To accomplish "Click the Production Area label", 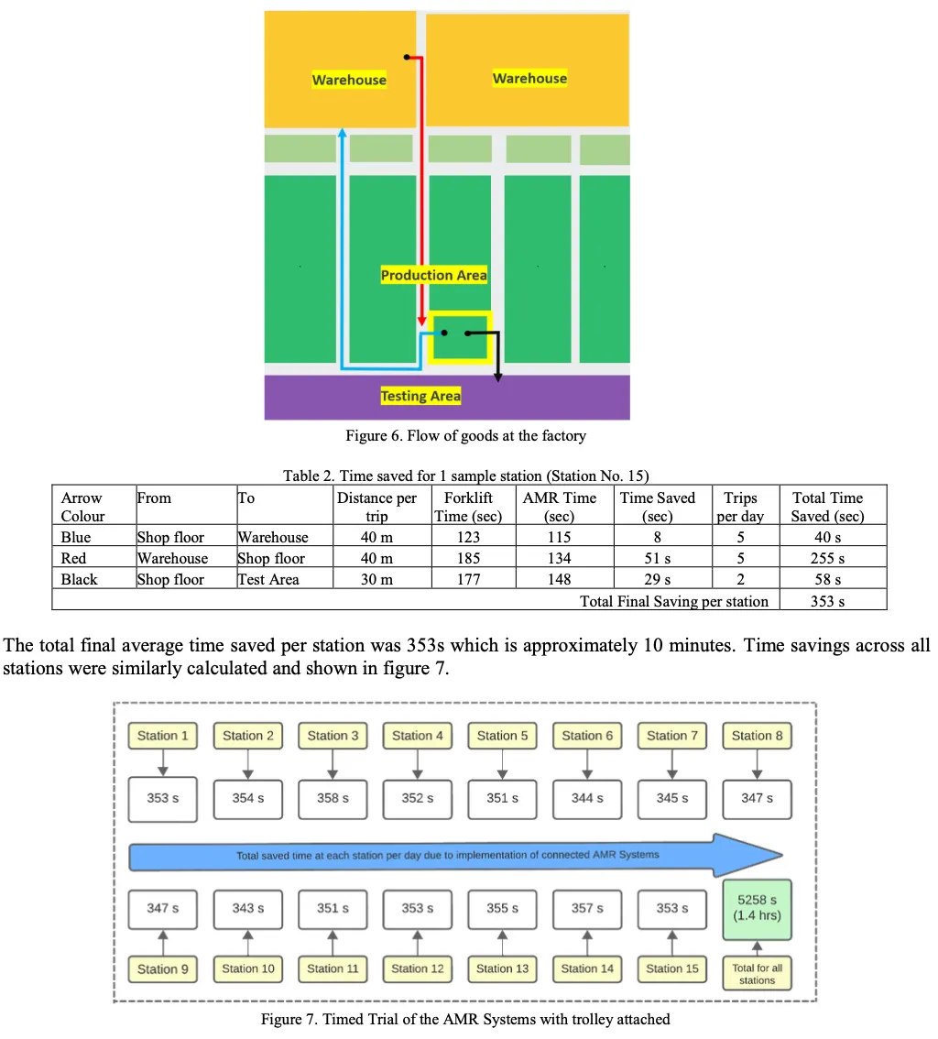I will point(434,275).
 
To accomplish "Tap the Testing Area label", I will point(420,396).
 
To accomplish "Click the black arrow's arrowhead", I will point(497,377).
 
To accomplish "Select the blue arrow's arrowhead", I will point(342,134).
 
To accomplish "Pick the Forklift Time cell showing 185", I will point(467,558).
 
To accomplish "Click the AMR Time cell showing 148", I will point(559,579).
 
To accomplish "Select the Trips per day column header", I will point(740,507).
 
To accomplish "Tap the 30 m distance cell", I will point(376,579).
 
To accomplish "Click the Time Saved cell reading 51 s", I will point(657,558).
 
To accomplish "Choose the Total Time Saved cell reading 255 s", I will point(827,558).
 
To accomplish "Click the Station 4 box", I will point(418,736).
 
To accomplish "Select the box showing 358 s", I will point(333,798).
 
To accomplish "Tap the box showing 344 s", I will point(587,798).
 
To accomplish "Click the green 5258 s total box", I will point(758,907).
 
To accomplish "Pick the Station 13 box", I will point(503,968).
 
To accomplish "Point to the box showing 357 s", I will point(587,908).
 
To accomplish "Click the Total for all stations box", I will point(758,974).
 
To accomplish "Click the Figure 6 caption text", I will point(465,435).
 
